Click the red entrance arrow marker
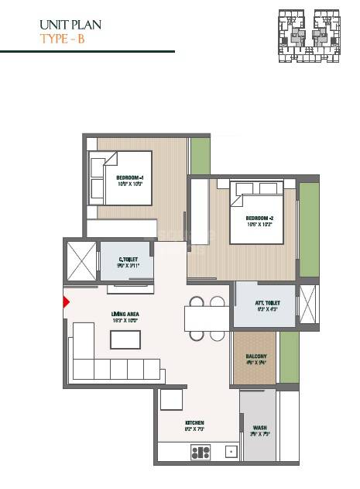[67, 302]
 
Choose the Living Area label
[125, 315]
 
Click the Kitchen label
[193, 422]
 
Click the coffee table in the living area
[125, 340]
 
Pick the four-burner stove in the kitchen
[200, 452]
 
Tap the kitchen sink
[230, 451]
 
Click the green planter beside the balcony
[289, 356]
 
